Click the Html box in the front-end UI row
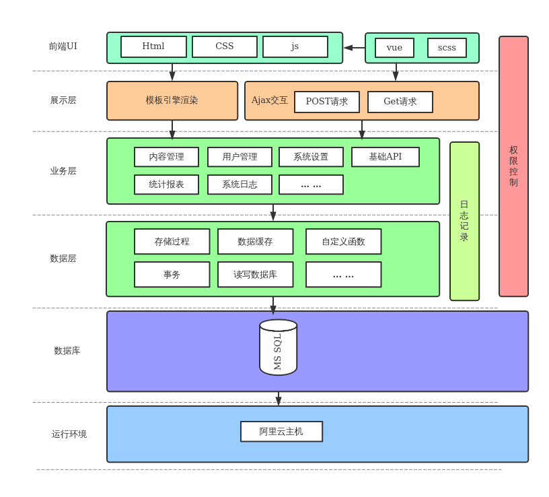pos(153,46)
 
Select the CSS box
pos(225,46)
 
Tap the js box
pos(295,46)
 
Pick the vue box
pos(394,48)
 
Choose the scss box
pos(447,48)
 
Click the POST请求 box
pos(327,102)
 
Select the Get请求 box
pos(400,102)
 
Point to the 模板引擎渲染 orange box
pos(172,100)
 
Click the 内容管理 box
pos(166,157)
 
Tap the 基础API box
pos(386,157)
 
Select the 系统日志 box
pos(240,185)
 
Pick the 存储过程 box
pos(172,242)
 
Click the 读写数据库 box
pos(255,275)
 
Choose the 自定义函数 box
pos(343,242)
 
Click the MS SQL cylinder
pos(278,347)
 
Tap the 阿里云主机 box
pos(281,432)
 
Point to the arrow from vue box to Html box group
pos(354,48)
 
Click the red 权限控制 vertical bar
pos(513,166)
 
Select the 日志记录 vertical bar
pos(464,221)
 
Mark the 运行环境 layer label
pos(69,434)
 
